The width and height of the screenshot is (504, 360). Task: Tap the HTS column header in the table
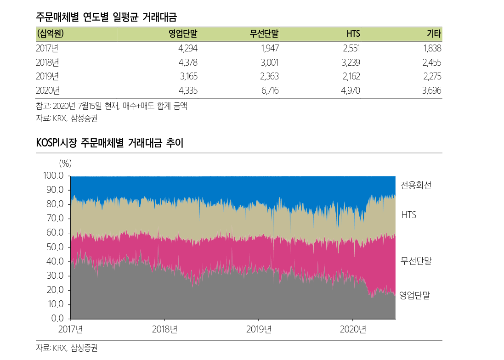coord(353,34)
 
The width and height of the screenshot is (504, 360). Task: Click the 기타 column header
coord(434,34)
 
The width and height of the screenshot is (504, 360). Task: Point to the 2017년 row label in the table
coord(47,48)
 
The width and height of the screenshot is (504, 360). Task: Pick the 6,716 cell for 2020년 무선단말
coord(270,90)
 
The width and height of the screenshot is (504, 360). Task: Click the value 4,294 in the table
coord(188,48)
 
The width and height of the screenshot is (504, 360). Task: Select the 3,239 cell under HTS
coord(351,62)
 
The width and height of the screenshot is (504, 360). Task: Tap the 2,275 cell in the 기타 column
coord(432,76)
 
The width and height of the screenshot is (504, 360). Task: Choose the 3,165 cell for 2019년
coord(188,76)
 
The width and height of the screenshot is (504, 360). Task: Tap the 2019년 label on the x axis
coord(259,329)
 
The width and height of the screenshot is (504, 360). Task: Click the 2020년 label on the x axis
coord(353,329)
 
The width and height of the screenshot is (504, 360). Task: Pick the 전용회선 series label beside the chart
coord(416,186)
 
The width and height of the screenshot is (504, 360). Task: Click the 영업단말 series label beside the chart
coord(414,295)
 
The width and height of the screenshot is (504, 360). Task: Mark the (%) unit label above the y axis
coord(65,163)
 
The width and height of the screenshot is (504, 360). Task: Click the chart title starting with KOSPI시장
coord(109,143)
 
